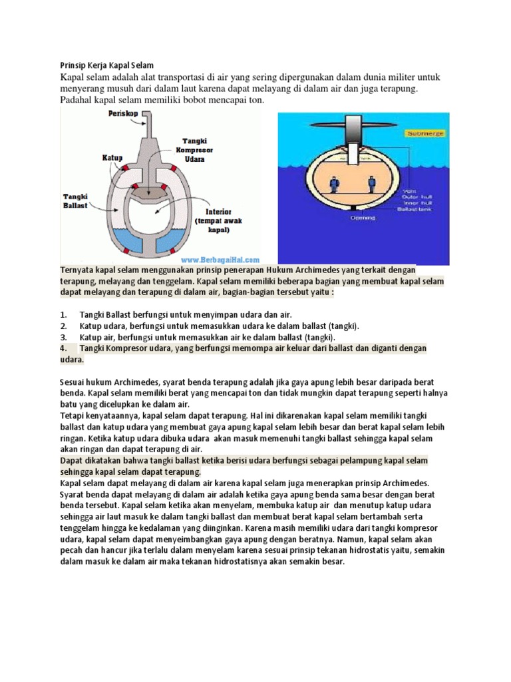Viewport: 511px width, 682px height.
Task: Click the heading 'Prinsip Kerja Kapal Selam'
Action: tap(103, 65)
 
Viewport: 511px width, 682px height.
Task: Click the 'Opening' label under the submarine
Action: tap(355, 218)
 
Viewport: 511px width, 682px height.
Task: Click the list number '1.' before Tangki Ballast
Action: tap(64, 314)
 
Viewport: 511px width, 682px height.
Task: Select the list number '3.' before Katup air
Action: tap(64, 337)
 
